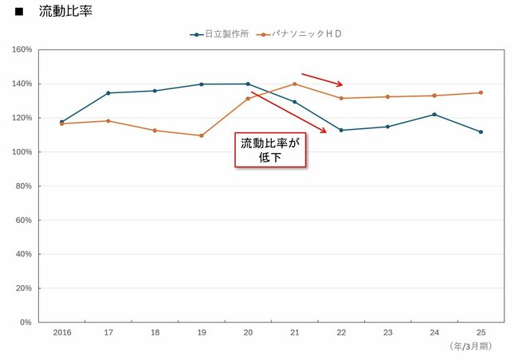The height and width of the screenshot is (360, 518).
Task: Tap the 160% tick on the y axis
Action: click(22, 49)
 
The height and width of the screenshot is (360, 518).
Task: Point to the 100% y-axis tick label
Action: click(22, 152)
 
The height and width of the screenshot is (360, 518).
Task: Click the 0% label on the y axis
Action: click(25, 323)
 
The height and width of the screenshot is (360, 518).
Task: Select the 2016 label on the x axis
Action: click(61, 332)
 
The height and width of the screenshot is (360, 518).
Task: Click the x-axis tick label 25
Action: click(481, 332)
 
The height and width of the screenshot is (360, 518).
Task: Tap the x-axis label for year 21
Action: click(294, 332)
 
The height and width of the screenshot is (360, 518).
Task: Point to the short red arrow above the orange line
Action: click(321, 80)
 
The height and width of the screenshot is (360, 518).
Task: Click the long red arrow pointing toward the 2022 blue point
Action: click(288, 112)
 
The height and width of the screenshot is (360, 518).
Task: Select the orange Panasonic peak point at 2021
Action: click(294, 84)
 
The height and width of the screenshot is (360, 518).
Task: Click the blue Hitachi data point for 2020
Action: click(248, 84)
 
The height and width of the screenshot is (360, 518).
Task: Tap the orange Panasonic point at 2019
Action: click(201, 135)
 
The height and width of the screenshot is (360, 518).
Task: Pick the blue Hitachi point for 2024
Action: click(434, 114)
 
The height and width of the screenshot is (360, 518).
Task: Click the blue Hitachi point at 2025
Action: click(481, 131)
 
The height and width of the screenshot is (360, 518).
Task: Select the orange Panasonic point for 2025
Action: click(481, 92)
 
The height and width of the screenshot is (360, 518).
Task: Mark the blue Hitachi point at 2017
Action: click(108, 93)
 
